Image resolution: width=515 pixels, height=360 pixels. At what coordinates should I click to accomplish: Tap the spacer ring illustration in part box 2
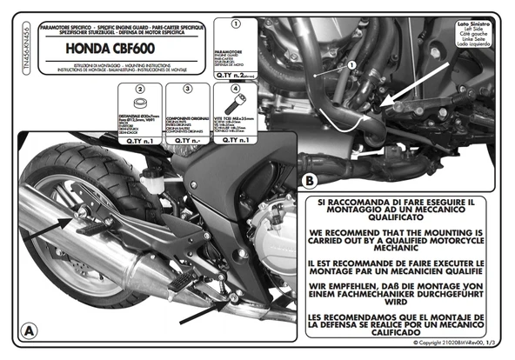click(x=140, y=108)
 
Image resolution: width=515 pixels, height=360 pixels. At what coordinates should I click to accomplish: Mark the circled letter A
click(x=29, y=330)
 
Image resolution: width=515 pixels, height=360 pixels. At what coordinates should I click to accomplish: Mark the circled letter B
click(x=310, y=180)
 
